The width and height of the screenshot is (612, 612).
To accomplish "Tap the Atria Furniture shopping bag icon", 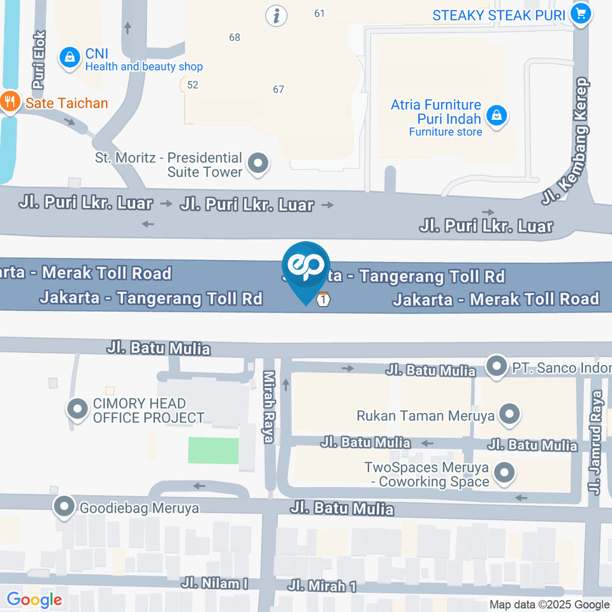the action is point(496,116).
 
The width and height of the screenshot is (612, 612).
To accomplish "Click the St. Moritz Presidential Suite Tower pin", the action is point(258,164).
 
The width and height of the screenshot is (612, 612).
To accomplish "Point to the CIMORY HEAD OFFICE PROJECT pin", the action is point(78,409).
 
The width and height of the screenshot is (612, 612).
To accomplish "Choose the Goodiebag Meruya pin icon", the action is point(64,507).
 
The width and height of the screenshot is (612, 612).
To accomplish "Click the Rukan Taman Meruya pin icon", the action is point(509,416).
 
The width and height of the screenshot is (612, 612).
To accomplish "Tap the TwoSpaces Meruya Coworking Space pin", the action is point(505,473).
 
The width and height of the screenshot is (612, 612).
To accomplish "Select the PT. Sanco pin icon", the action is point(496,367).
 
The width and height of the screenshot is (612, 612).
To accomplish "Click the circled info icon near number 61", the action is point(276,15).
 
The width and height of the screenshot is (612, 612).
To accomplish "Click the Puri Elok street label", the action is point(40,60).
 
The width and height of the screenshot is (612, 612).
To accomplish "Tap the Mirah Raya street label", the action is point(269,407).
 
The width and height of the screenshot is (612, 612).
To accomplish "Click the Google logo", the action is point(34,600).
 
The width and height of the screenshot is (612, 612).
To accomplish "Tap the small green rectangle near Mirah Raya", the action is point(213,450).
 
